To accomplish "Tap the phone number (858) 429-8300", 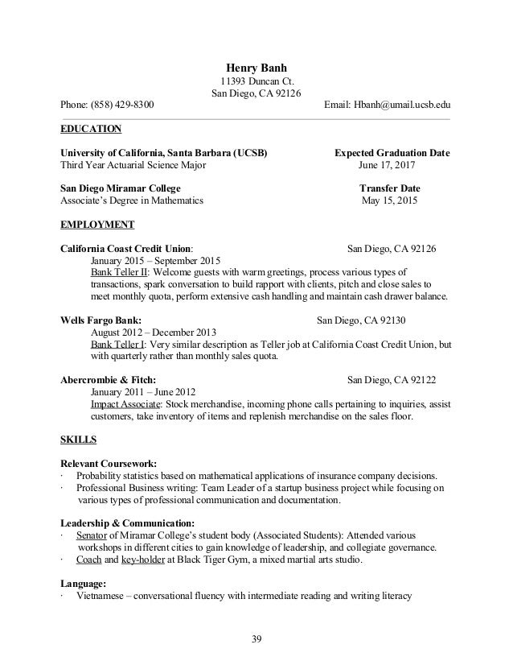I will point(124,105).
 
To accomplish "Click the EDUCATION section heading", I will point(92,128).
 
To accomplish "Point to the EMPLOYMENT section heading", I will point(97,225).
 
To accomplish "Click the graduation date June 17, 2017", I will point(392,166).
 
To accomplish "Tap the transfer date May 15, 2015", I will point(392,201).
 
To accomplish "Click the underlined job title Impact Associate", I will point(125,404).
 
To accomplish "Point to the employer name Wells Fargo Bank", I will point(101,320).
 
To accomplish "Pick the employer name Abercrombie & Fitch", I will point(109,379).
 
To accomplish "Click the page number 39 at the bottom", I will point(256,641).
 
